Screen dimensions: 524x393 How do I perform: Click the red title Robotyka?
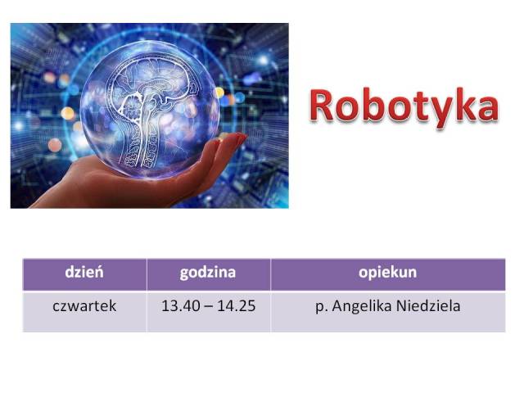[404, 106]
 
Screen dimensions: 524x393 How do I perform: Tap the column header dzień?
[84, 272]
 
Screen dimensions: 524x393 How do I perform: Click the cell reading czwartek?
[84, 305]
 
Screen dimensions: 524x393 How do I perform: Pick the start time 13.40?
[181, 305]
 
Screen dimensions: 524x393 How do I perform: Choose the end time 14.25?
[237, 305]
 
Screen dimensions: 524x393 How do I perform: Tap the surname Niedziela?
[428, 305]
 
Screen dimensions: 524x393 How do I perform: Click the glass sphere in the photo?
[150, 109]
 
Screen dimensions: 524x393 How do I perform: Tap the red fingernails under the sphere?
[240, 138]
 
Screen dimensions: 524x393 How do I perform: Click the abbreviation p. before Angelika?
[322, 308]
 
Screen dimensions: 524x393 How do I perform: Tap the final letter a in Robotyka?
[488, 109]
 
